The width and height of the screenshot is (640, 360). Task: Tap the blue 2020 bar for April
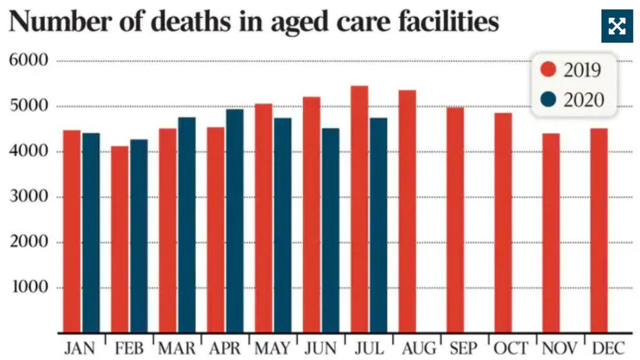[235, 221]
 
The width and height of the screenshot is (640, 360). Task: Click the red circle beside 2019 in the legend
[548, 70]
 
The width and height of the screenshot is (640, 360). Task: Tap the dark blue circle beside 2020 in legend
[548, 99]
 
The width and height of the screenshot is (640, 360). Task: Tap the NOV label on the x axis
[559, 349]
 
